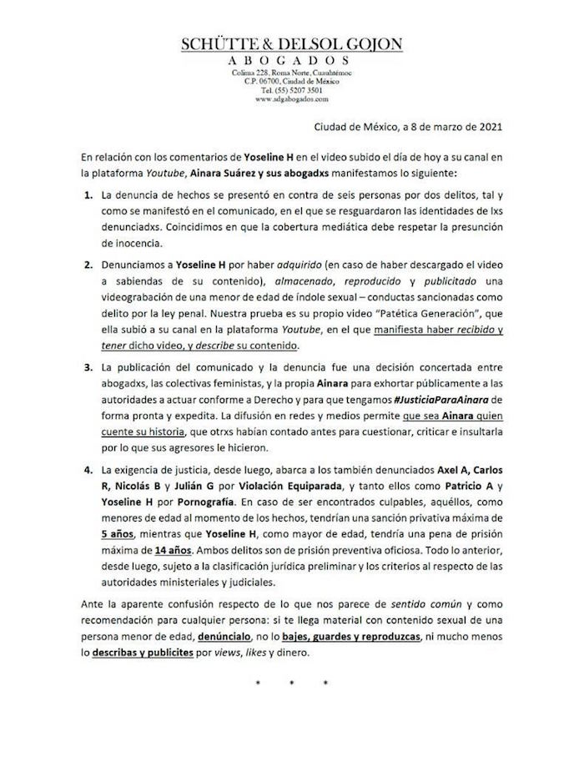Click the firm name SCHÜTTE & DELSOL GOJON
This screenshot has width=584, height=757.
(291, 46)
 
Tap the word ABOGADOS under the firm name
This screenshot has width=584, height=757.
(291, 61)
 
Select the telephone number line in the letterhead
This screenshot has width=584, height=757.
(292, 90)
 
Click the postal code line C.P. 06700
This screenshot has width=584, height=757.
(292, 81)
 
